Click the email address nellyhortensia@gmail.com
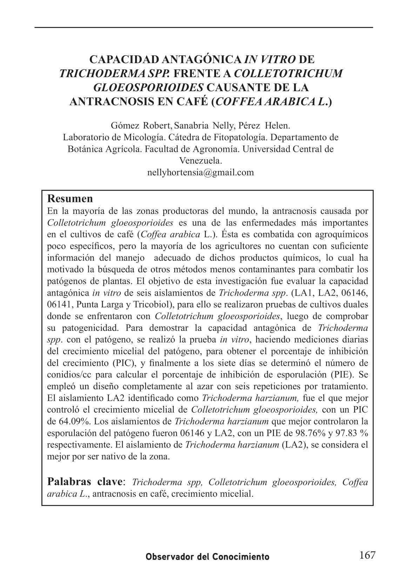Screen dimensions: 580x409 tap(201, 173)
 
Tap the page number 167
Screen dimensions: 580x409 tap(367, 555)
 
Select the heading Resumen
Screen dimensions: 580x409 tap(70, 198)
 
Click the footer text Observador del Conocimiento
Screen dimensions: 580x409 tap(208, 557)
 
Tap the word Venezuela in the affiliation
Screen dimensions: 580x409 tap(201, 161)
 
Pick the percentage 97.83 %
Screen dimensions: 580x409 tap(351, 433)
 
